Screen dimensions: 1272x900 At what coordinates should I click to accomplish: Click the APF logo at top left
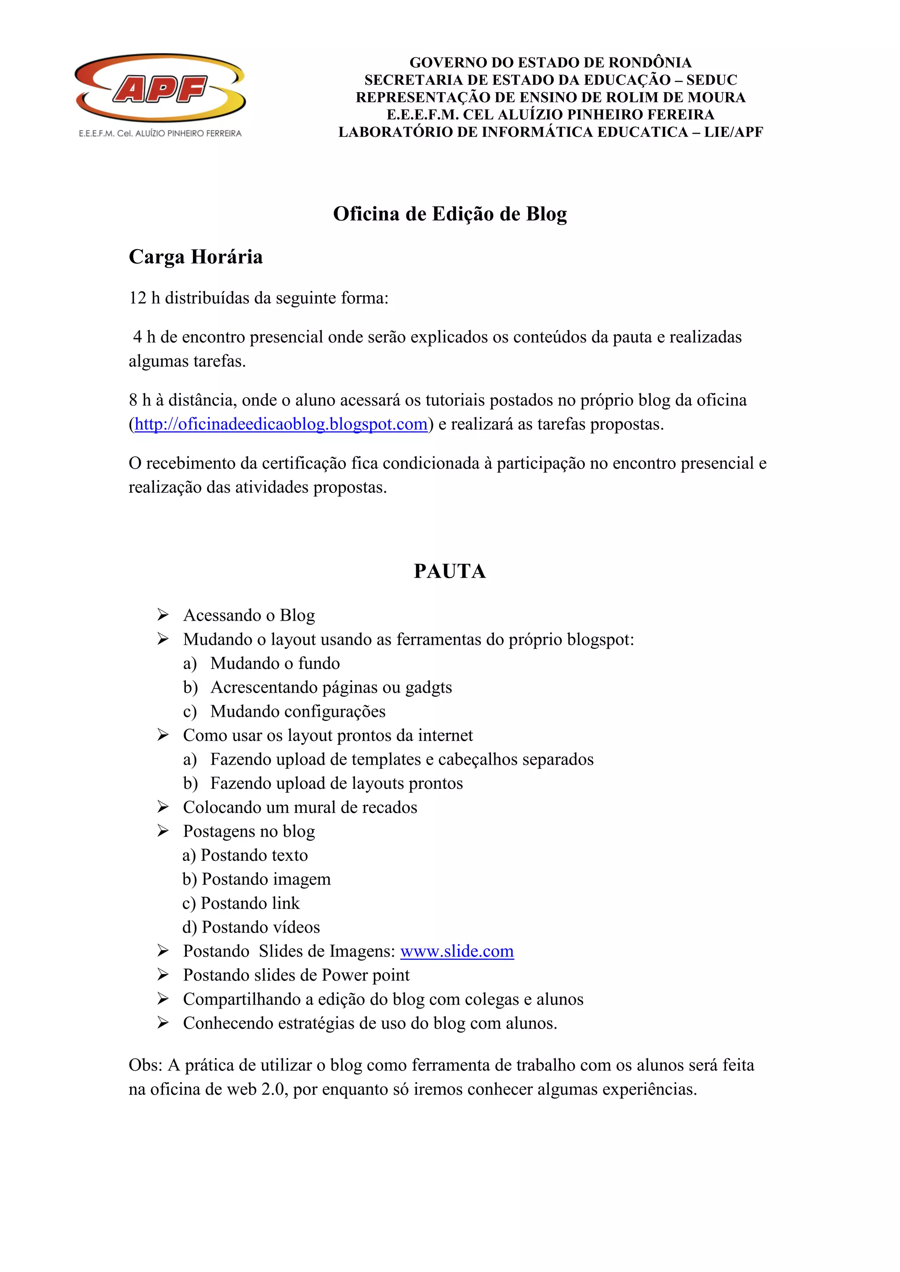tap(160, 88)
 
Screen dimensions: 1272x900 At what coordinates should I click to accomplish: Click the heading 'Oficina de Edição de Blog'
tap(450, 214)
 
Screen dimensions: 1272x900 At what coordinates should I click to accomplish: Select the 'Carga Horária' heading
tap(196, 257)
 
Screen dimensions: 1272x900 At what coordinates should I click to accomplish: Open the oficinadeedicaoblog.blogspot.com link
tap(281, 424)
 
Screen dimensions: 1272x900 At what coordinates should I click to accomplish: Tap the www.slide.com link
tap(457, 951)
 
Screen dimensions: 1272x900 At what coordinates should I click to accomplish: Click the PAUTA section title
tap(450, 571)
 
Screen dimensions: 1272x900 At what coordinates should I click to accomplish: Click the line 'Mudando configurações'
tap(298, 712)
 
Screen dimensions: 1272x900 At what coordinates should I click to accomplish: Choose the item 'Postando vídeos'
tap(251, 927)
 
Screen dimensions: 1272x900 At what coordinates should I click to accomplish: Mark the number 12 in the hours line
tap(138, 298)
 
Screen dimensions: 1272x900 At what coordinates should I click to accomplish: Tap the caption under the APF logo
tap(160, 134)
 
